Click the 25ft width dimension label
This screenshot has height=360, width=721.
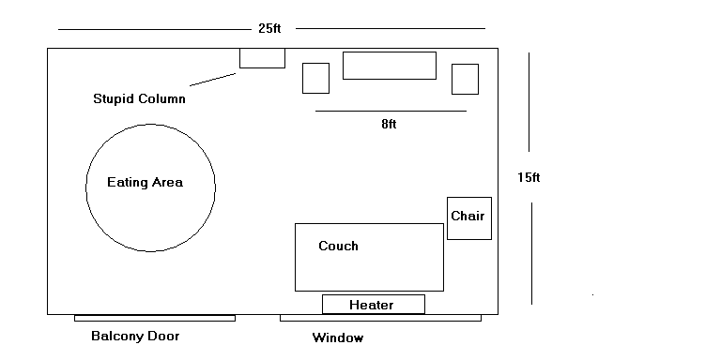269,28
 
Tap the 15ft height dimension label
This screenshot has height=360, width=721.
529,177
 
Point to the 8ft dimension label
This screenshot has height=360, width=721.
389,124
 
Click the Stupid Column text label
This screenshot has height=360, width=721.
139,98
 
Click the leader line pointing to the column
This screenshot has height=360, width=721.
212,80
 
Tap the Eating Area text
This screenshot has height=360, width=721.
145,182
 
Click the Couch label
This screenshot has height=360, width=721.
338,247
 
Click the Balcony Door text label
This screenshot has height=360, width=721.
135,337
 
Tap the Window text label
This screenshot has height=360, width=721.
338,337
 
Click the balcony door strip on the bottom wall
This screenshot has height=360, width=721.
155,318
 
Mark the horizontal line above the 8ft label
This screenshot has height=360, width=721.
391,112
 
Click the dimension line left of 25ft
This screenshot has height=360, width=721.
155,29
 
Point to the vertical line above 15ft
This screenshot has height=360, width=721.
529,102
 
